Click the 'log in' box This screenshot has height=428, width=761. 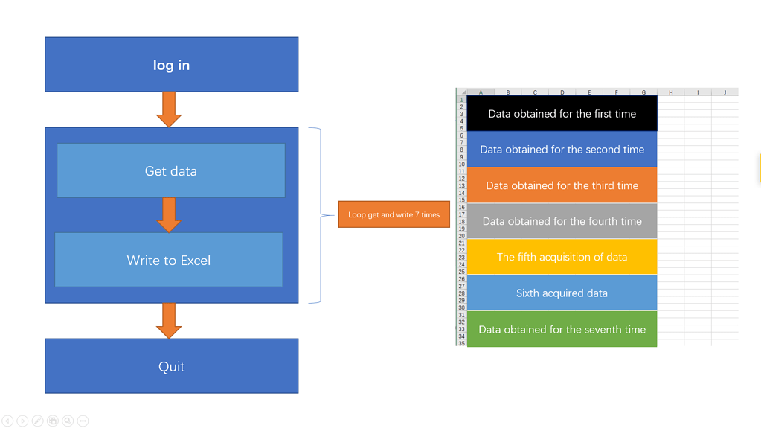[x=171, y=65]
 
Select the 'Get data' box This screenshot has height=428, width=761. [x=171, y=170]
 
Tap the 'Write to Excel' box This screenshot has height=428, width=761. [x=169, y=260]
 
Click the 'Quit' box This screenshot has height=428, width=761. [x=171, y=366]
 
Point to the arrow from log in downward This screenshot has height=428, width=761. [x=169, y=109]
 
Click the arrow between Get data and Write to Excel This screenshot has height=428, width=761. [x=169, y=214]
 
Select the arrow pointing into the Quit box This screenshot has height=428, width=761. [x=169, y=320]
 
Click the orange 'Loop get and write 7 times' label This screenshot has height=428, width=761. [x=394, y=214]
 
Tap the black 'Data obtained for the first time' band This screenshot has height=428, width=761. [x=562, y=114]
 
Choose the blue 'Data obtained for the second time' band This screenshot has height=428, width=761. [x=562, y=150]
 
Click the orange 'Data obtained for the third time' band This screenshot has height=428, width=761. [x=562, y=185]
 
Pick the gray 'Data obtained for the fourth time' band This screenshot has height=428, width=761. [x=562, y=221]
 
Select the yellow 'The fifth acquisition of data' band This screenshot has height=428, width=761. [x=562, y=257]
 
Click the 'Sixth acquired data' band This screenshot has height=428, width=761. [x=562, y=293]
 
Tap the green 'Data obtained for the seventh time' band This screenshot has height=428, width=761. [x=562, y=329]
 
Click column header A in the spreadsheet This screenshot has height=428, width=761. [x=481, y=92]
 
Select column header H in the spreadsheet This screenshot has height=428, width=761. [x=670, y=92]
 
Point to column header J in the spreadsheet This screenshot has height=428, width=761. [x=725, y=92]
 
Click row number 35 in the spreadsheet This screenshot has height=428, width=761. [x=461, y=343]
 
